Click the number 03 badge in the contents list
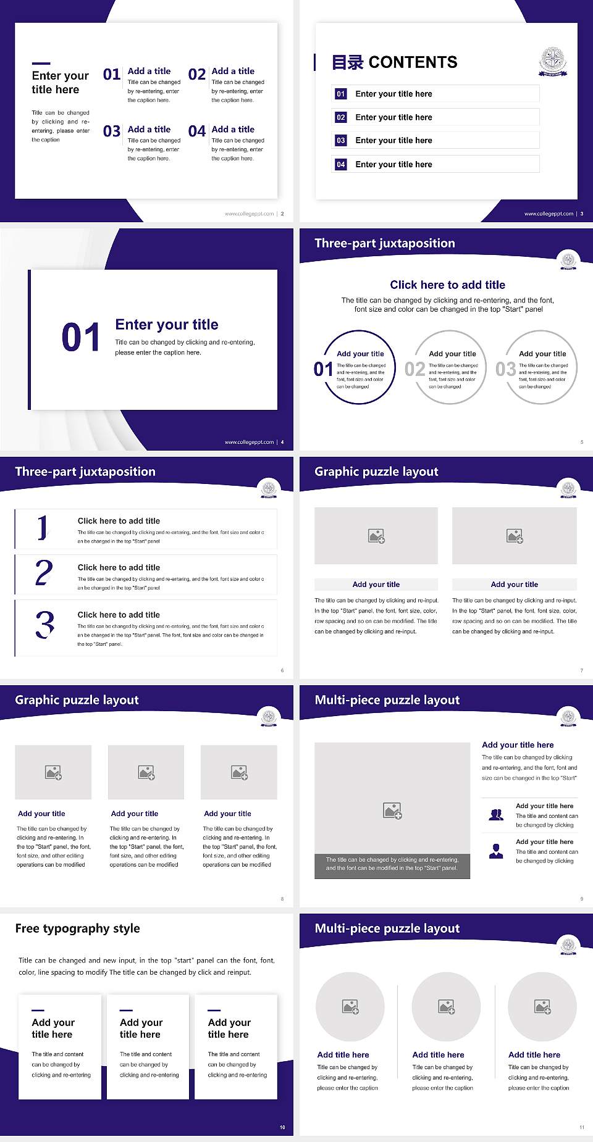340,141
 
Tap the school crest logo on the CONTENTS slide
553,62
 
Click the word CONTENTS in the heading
413,62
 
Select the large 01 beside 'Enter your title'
80,338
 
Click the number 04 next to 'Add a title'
197,131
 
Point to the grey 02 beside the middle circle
414,369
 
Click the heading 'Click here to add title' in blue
447,285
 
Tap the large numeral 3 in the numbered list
44,625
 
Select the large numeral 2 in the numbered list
44,573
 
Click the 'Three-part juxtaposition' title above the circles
384,243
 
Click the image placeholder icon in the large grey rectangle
392,811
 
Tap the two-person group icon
495,815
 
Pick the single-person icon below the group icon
495,851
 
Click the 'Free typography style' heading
77,928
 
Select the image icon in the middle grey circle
446,1007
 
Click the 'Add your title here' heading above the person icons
518,745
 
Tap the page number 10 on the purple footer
282,1127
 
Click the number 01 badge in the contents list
340,94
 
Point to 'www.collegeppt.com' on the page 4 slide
248,442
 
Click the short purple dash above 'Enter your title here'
41,63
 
